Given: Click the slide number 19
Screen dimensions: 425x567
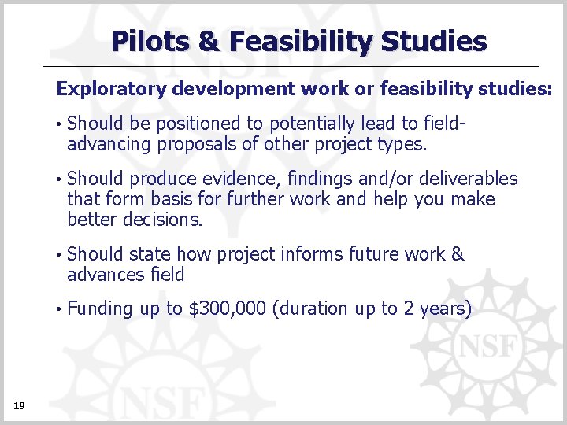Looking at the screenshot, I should (20, 405).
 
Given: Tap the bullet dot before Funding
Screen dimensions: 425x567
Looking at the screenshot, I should (59, 309).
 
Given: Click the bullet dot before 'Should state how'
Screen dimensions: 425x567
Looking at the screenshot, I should (59, 254).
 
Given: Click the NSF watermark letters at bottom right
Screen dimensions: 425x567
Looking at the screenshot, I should (488, 346).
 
